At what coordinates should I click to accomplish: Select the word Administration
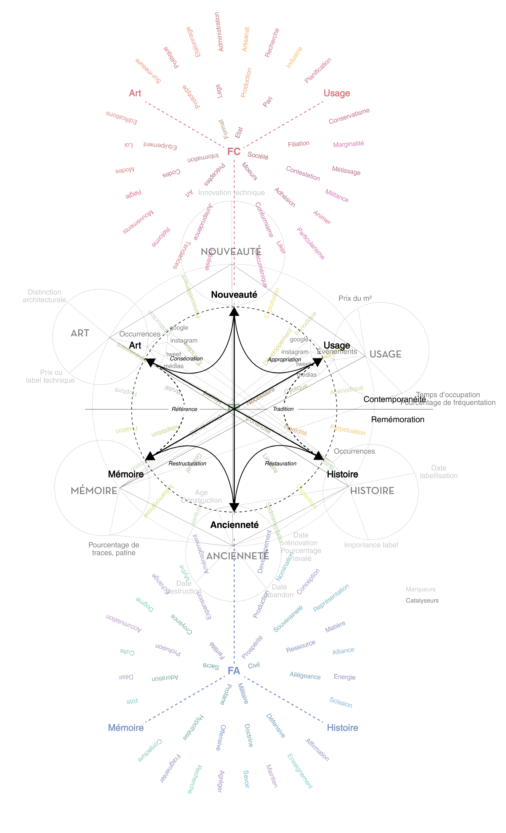[x=219, y=32]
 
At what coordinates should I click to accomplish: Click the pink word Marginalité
[x=348, y=144]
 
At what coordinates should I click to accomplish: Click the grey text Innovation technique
[x=231, y=193]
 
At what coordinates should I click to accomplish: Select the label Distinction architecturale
[x=44, y=296]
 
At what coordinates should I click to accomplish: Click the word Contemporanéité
[x=394, y=399]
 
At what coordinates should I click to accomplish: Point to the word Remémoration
[x=397, y=420]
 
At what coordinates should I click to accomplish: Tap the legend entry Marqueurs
[x=420, y=589]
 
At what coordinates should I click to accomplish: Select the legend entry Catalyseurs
[x=422, y=600]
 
